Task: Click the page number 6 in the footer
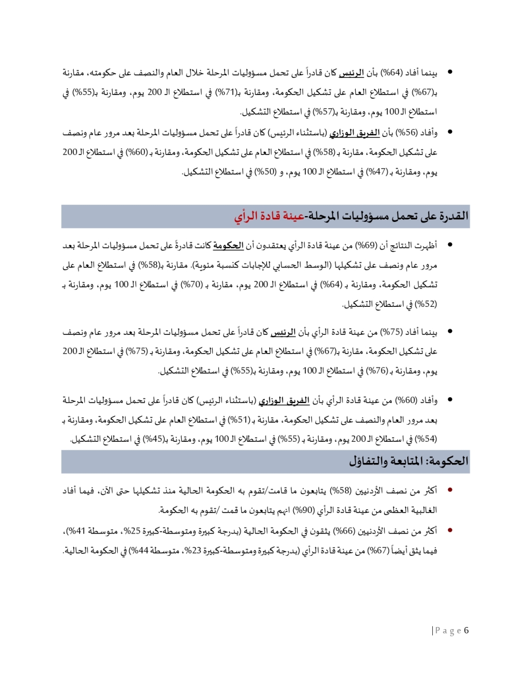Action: [466, 631]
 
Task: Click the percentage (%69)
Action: [366, 245]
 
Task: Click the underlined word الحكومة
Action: [228, 245]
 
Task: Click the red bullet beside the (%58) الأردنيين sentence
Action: [450, 491]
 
